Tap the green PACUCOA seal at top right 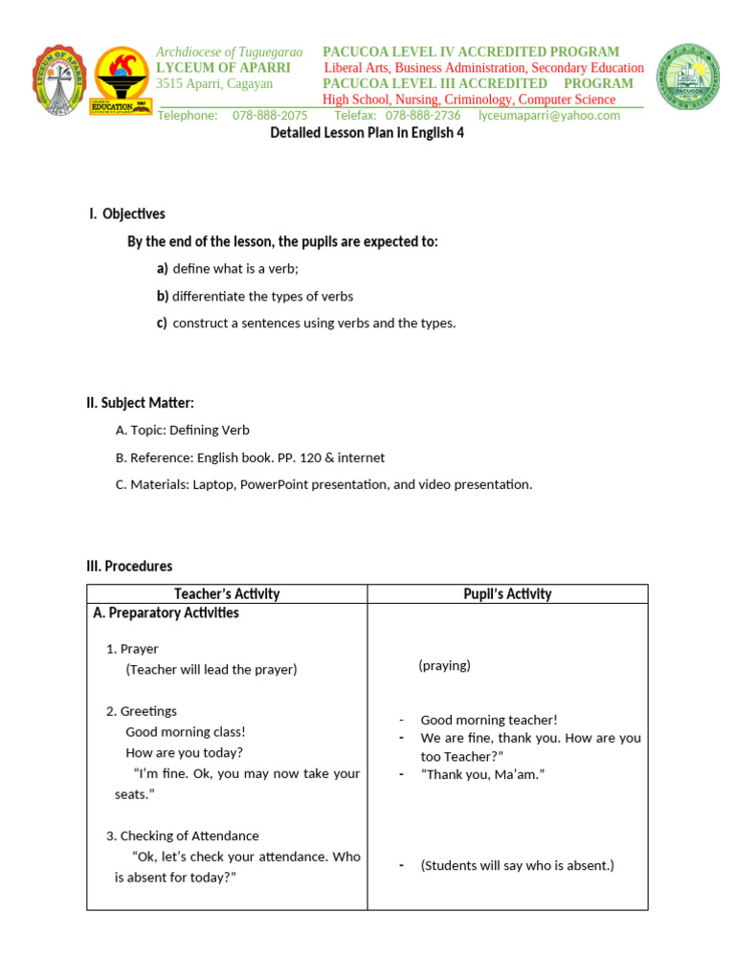coord(686,81)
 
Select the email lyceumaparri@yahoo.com coord(548,116)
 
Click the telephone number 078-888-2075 coord(270,116)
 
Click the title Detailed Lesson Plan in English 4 coord(367,133)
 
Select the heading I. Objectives coord(127,214)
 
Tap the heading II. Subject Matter coord(140,404)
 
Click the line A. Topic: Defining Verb coord(182,431)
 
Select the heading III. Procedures coord(129,567)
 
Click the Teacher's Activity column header coord(227,594)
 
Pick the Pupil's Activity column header coord(507,594)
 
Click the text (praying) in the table coord(444,665)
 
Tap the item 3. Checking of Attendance coord(182,835)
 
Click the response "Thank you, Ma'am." coord(482,774)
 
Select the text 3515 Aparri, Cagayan coord(214,84)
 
